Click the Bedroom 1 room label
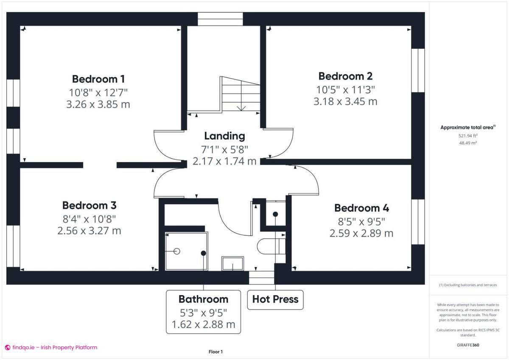click(x=98, y=79)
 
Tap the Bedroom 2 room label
click(x=345, y=76)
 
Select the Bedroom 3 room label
click(x=89, y=205)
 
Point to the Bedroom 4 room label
click(x=361, y=208)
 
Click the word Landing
click(x=224, y=136)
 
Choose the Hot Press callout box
click(x=275, y=299)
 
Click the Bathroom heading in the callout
click(x=203, y=299)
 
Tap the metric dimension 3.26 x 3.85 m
click(x=98, y=104)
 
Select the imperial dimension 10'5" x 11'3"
click(x=345, y=89)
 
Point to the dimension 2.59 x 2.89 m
click(x=361, y=233)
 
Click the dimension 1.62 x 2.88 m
click(x=203, y=325)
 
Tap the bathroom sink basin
click(x=232, y=263)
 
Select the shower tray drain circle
click(x=177, y=251)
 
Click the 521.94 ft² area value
click(x=468, y=136)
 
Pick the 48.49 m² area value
click(x=468, y=143)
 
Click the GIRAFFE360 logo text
click(x=468, y=345)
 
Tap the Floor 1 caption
click(x=215, y=352)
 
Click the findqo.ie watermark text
click(x=51, y=347)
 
